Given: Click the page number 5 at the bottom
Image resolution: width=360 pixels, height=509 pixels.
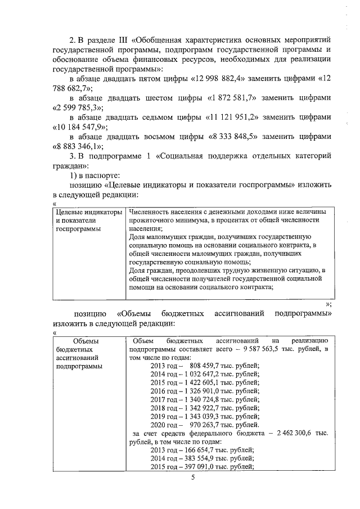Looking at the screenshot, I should pyautogui.click(x=192, y=478).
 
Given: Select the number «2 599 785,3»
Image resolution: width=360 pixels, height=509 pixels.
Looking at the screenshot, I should pyautogui.click(x=70, y=107).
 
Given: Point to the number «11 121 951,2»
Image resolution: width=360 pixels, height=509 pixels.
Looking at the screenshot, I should pyautogui.click(x=230, y=117).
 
